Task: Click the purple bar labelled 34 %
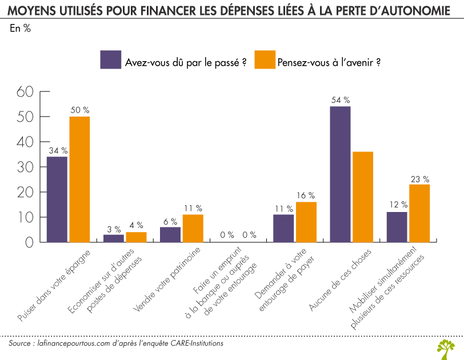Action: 57,199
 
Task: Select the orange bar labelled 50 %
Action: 79,179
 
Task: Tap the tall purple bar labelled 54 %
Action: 340,174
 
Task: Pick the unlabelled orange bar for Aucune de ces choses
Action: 363,197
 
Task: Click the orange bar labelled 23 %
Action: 419,213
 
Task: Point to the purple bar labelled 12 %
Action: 397,227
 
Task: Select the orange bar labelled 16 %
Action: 306,222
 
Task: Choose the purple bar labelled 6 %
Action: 170,234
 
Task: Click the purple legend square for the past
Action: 110,59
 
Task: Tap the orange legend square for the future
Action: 264,59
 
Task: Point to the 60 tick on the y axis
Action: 26,91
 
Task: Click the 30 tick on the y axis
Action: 26,167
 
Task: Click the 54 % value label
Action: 341,99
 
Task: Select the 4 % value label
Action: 136,225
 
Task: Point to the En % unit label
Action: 21,30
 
